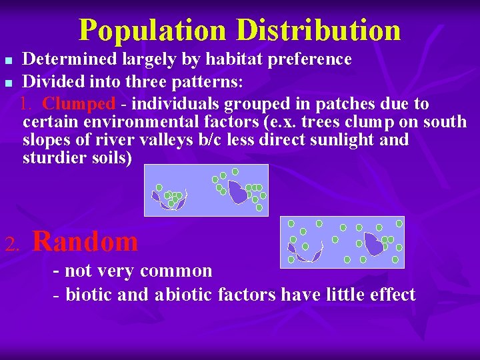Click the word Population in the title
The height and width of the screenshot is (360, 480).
[152, 30]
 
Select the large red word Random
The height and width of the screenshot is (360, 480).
[85, 241]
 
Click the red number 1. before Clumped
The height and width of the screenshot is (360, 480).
[27, 104]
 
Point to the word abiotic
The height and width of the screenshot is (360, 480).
[185, 294]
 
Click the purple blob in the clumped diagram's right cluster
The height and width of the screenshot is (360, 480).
[238, 193]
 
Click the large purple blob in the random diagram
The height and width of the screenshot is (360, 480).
[373, 245]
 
